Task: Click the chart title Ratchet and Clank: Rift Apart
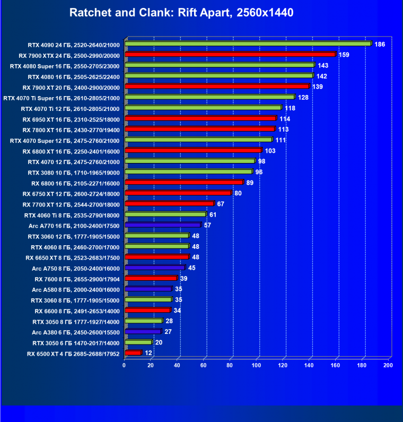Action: click(181, 12)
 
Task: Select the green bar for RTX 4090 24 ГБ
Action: click(248, 44)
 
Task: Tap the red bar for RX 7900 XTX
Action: click(230, 55)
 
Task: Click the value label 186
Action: click(380, 44)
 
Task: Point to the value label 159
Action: click(344, 55)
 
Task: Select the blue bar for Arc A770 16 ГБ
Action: click(163, 225)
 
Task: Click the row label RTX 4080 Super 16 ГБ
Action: click(65, 66)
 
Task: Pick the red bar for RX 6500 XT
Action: click(133, 353)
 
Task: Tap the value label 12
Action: click(148, 353)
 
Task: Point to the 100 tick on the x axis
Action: click(257, 365)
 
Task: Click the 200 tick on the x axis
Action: click(388, 365)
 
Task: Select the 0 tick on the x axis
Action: click(125, 365)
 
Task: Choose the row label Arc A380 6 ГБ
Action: click(75, 332)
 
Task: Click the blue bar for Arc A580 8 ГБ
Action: click(148, 289)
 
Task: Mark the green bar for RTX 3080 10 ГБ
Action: click(188, 172)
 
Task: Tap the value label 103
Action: click(270, 151)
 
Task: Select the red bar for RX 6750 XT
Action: click(178, 193)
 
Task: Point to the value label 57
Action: click(207, 225)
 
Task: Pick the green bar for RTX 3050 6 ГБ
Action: click(138, 342)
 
